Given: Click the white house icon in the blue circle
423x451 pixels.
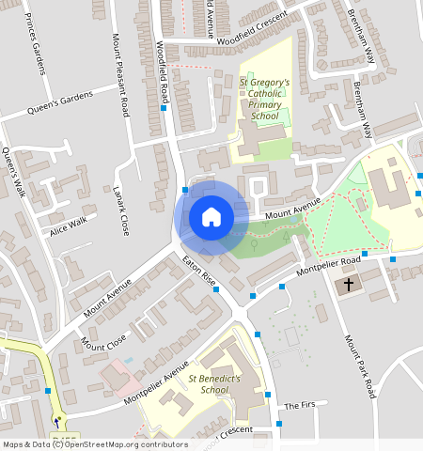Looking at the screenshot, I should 211,217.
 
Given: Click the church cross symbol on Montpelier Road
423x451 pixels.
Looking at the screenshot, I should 349,284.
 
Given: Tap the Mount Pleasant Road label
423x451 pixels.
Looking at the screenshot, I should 119,75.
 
